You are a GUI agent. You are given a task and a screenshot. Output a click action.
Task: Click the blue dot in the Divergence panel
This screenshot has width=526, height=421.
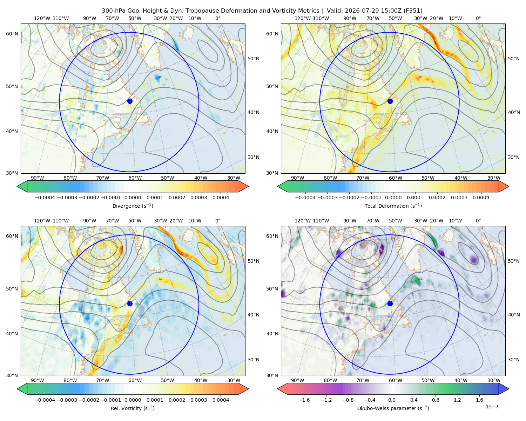tap(130, 101)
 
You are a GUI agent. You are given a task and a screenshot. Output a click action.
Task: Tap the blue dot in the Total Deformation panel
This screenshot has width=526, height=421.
tap(390, 101)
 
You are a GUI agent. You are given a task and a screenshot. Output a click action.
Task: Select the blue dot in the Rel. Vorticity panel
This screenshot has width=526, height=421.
tap(130, 303)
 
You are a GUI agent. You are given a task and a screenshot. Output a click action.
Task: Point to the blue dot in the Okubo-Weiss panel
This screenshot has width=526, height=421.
tap(390, 303)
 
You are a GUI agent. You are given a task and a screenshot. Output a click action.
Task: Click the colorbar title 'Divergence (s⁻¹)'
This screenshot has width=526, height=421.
tap(133, 206)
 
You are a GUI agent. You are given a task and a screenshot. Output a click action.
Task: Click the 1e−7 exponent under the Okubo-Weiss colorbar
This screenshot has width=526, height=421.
tap(492, 407)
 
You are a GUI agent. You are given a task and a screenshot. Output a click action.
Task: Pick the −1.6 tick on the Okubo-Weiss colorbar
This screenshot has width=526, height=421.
tap(304, 400)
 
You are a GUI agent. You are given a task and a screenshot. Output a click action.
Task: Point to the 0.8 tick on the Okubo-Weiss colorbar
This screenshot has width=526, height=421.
tap(436, 400)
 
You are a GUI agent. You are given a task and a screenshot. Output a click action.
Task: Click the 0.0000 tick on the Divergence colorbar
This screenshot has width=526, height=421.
tap(133, 198)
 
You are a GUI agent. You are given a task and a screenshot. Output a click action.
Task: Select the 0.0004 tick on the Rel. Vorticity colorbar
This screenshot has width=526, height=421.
tap(221, 400)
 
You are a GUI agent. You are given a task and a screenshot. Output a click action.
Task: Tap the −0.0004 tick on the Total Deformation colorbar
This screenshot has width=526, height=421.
tap(305, 198)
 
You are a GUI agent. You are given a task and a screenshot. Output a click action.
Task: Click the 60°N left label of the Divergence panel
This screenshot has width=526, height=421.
tap(12, 34)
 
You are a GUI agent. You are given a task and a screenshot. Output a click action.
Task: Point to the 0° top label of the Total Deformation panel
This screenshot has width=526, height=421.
tap(478, 18)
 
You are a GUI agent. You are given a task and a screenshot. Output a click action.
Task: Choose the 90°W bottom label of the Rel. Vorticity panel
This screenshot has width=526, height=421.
tap(38, 380)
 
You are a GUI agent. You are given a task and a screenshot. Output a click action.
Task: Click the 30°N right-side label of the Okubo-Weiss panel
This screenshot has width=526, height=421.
tap(514, 360)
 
